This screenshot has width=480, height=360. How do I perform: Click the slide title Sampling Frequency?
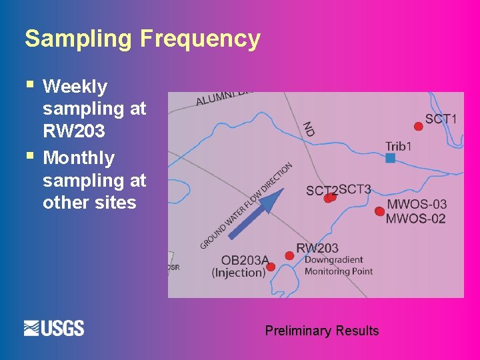click(x=142, y=39)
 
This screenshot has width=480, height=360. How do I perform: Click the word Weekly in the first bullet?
click(x=75, y=87)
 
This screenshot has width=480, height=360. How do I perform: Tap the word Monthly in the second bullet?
click(x=78, y=158)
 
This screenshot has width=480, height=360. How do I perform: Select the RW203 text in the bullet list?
click(x=73, y=131)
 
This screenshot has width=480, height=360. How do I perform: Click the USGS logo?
click(x=54, y=328)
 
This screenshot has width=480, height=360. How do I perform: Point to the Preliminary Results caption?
click(x=321, y=331)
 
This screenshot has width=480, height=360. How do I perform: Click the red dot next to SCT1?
click(x=418, y=127)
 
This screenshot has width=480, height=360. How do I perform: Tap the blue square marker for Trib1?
click(x=391, y=158)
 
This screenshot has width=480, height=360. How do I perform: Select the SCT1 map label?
click(x=441, y=119)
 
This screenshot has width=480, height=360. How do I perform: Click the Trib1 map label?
click(x=399, y=146)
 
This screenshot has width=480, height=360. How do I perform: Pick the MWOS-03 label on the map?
click(x=417, y=204)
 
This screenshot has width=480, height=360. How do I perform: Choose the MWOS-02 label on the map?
click(x=416, y=218)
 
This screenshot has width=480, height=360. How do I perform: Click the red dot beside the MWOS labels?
click(x=379, y=211)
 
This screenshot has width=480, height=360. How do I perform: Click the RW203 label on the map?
click(x=317, y=248)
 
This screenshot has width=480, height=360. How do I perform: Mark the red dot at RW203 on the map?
click(x=289, y=255)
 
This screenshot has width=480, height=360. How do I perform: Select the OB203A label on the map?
click(x=245, y=260)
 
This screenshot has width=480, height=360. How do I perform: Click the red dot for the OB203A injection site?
click(x=271, y=267)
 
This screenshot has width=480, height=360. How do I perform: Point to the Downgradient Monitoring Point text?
click(x=339, y=265)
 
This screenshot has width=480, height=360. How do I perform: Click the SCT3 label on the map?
click(x=355, y=189)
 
